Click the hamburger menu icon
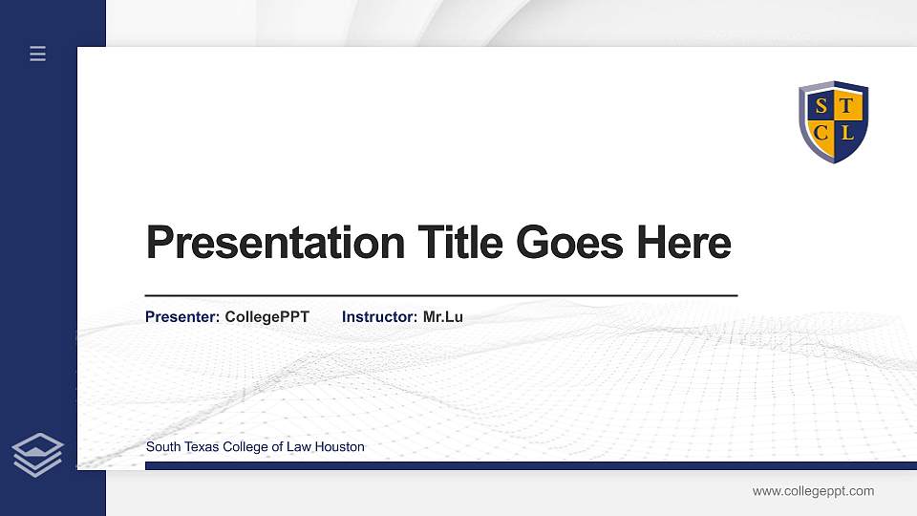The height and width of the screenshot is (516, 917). (x=38, y=54)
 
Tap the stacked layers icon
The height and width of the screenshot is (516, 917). (x=38, y=454)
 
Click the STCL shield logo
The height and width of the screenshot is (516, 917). (x=833, y=121)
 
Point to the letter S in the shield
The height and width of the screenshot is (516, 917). (x=821, y=107)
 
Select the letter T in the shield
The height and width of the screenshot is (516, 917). (x=846, y=107)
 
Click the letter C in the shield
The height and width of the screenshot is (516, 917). (x=821, y=133)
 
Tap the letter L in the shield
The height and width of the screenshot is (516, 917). (x=847, y=133)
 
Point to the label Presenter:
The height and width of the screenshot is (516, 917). (x=182, y=316)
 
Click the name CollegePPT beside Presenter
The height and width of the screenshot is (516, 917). (x=267, y=316)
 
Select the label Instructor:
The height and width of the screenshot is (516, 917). (x=380, y=316)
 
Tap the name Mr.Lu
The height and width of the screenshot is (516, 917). (x=443, y=316)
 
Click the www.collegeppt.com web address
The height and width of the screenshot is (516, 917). (x=813, y=491)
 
